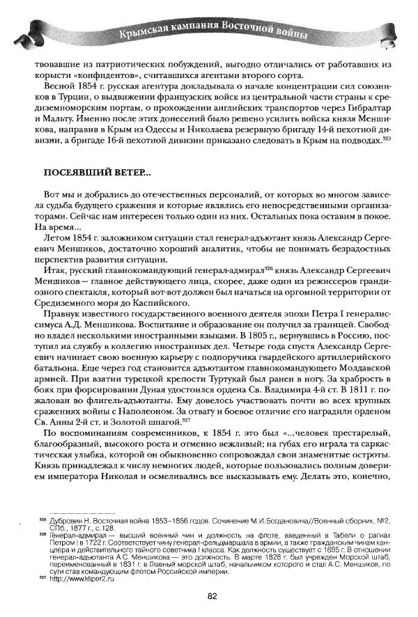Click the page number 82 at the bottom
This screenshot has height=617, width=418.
[209, 595]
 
